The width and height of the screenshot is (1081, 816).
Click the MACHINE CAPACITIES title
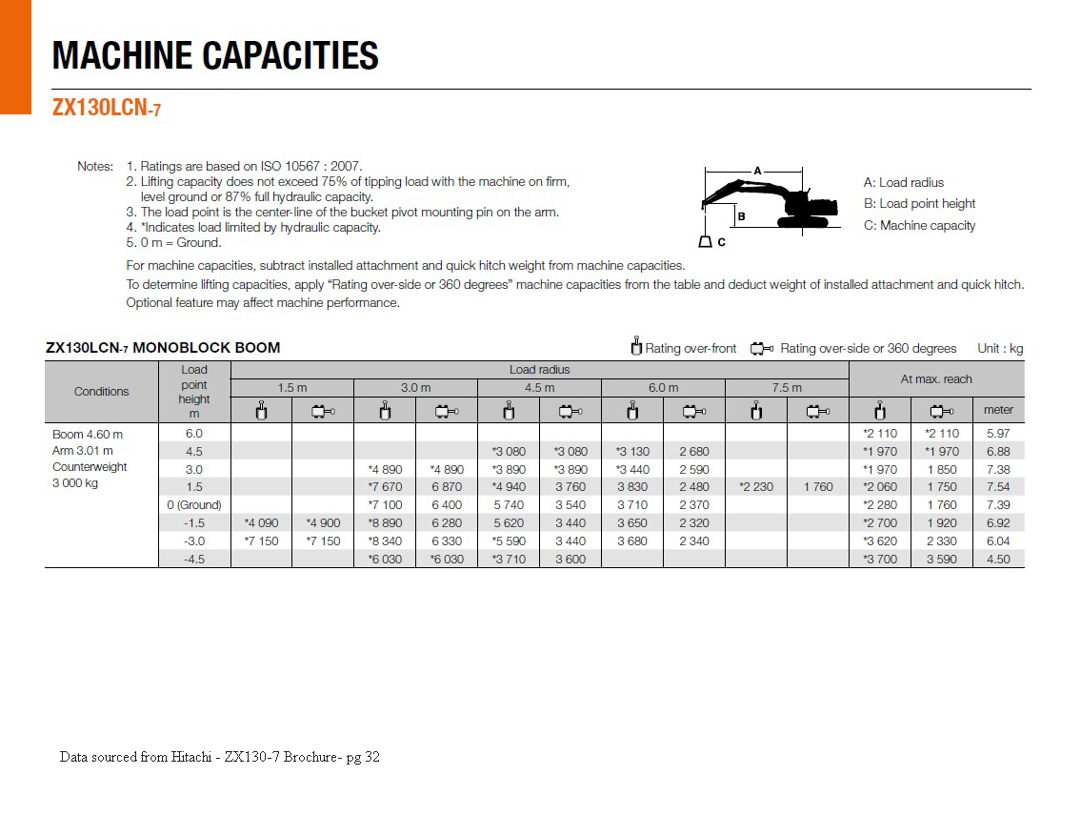(x=215, y=55)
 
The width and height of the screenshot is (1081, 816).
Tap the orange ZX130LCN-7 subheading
(x=106, y=109)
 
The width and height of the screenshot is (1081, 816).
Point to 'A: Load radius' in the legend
(x=903, y=182)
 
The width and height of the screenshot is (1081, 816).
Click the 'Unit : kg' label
(x=1000, y=348)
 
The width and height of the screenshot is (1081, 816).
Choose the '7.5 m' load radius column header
(x=787, y=387)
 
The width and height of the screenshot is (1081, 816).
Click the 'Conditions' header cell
(x=101, y=391)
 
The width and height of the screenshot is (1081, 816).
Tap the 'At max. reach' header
(x=936, y=378)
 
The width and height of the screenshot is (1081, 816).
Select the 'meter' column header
(x=998, y=410)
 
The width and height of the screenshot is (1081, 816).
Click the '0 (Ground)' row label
(x=194, y=504)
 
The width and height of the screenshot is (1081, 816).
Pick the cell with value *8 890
(x=385, y=522)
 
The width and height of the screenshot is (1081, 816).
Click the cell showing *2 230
(x=756, y=486)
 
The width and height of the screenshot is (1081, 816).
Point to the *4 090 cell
(x=261, y=522)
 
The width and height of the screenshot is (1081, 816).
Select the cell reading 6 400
(x=447, y=504)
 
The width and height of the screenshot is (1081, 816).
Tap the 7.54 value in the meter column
(x=998, y=486)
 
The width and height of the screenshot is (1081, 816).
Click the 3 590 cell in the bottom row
(x=942, y=559)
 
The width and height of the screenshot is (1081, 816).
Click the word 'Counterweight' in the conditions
(x=90, y=467)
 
